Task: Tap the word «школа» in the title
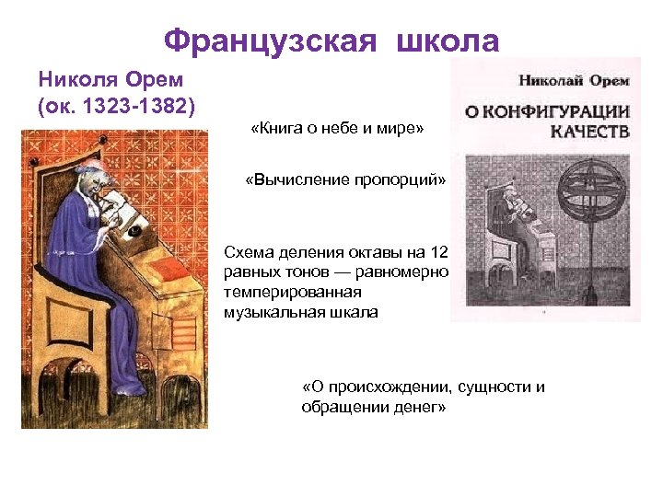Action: point(448,40)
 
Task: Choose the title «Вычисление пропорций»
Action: point(344,179)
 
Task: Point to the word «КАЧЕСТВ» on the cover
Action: point(589,132)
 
